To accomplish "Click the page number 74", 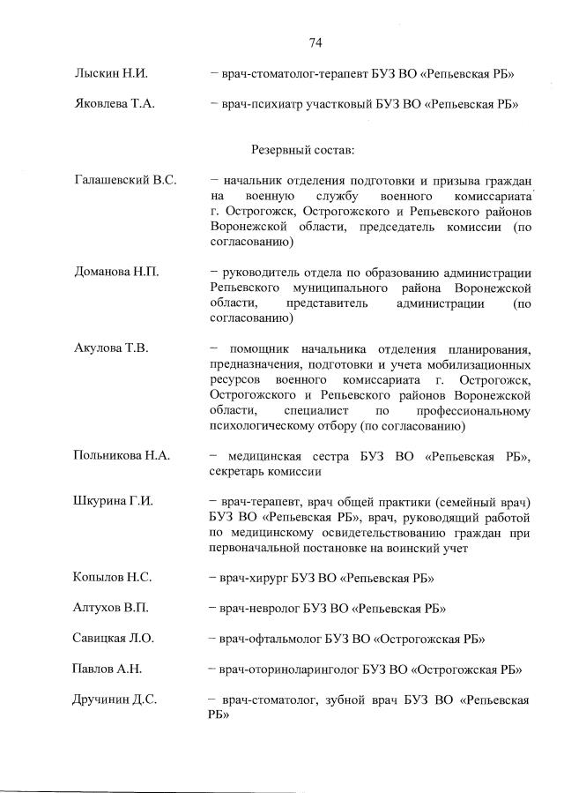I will (315, 42).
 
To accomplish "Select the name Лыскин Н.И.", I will (108, 73).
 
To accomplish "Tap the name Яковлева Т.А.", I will (115, 103).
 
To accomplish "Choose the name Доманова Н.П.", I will (116, 272).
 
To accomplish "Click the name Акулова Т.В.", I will (111, 348).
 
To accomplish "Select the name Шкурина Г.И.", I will (113, 501).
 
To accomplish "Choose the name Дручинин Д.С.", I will (114, 700).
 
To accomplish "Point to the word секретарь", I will (243, 471).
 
